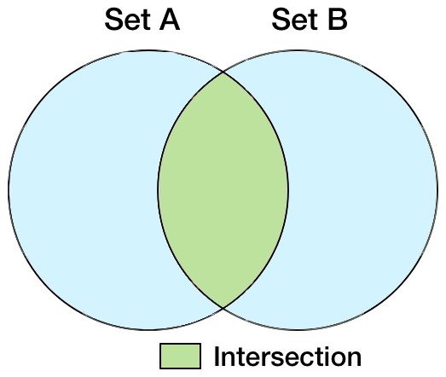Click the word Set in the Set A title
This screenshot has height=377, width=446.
coord(127,20)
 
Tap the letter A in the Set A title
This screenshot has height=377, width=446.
coord(170,20)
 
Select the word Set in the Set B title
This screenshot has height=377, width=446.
coord(294,20)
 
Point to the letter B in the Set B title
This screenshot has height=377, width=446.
coord(338,20)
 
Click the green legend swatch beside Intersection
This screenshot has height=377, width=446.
coord(180,357)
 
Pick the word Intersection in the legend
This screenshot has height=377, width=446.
coord(287,357)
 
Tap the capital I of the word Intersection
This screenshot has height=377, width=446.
coord(217,357)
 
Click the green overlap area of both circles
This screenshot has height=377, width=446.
coord(223,190)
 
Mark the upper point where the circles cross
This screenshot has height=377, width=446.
coord(223,72)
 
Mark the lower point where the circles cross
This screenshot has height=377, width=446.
coord(223,308)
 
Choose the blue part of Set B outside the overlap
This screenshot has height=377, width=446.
coord(362,190)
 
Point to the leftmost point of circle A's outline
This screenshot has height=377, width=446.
coord(9,190)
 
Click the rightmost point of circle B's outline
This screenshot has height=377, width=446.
coord(437,190)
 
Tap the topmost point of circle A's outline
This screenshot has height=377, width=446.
coord(148,50)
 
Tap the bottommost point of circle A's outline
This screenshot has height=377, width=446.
coord(148,330)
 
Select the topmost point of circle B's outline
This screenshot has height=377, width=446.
coord(298,50)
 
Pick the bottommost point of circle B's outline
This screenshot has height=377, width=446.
coord(298,330)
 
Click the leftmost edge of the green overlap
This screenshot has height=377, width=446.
coord(158,190)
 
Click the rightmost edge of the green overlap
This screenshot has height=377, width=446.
coord(288,190)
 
